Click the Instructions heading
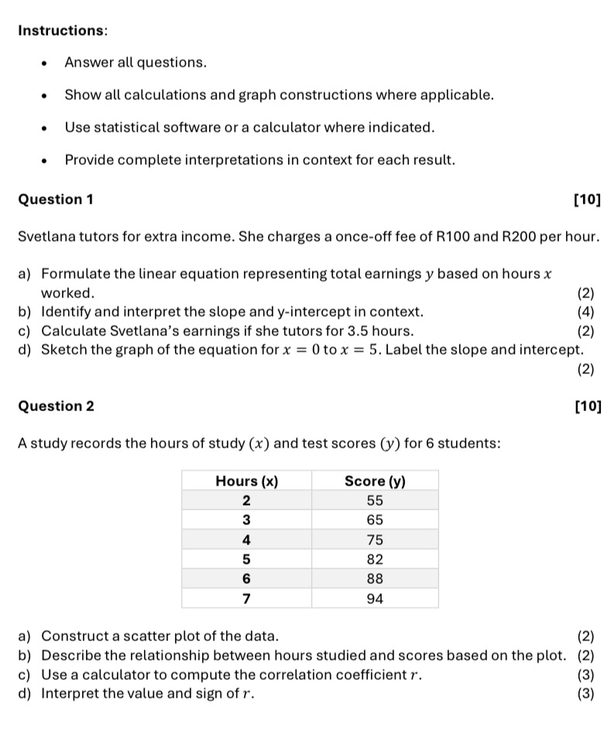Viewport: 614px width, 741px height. click(62, 30)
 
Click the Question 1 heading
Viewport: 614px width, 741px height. click(55, 200)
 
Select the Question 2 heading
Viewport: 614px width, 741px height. click(56, 407)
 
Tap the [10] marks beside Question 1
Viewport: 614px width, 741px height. click(587, 200)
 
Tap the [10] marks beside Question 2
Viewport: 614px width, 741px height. click(587, 407)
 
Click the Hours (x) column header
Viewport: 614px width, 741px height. click(246, 481)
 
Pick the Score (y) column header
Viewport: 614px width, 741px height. click(375, 481)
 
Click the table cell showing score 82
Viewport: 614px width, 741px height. click(375, 559)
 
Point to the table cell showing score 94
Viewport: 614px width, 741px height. click(375, 599)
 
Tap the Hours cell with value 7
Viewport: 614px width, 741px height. click(246, 599)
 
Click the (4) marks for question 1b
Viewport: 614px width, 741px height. click(585, 312)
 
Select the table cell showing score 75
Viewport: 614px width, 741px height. click(375, 540)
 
